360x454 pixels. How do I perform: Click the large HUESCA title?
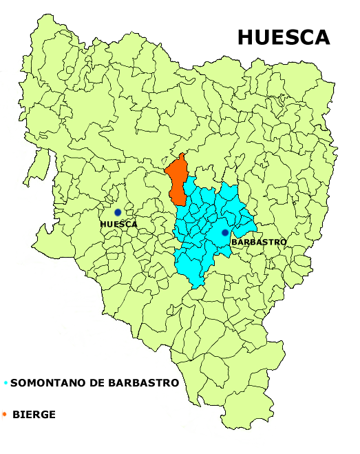click(x=284, y=38)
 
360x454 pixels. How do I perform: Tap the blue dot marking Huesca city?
click(x=118, y=212)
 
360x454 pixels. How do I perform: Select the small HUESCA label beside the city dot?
click(x=118, y=225)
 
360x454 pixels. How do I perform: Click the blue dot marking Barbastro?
click(x=225, y=233)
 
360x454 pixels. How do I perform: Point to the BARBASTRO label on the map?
click(x=259, y=243)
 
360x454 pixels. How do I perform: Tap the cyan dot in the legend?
click(x=6, y=383)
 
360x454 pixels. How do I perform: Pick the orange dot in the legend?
click(x=5, y=414)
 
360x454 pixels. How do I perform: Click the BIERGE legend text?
click(x=34, y=415)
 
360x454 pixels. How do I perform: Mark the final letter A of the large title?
click(x=322, y=38)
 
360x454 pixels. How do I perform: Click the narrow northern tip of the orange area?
click(x=182, y=156)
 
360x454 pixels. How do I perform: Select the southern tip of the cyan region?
click(x=198, y=285)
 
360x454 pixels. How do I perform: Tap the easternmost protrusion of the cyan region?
click(x=255, y=227)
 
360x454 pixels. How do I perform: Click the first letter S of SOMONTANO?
click(x=14, y=383)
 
